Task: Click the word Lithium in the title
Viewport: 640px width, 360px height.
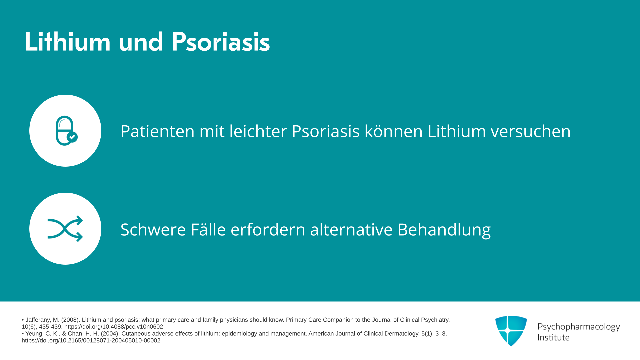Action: click(68, 42)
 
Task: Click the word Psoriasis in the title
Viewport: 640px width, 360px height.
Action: click(221, 42)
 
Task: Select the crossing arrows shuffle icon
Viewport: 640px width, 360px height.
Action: click(65, 229)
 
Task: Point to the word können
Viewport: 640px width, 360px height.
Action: click(393, 131)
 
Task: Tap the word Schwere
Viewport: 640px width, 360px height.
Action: click(153, 229)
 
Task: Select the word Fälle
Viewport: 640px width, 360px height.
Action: click(208, 229)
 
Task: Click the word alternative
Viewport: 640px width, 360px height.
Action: click(351, 229)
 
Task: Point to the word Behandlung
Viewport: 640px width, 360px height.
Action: click(444, 230)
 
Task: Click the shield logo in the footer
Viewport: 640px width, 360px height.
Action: click(511, 331)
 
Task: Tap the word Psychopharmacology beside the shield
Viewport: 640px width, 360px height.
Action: click(579, 327)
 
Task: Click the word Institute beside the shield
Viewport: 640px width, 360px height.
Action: click(554, 337)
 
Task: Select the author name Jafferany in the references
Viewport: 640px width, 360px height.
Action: click(38, 320)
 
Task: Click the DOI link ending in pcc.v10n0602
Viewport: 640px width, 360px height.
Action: click(114, 327)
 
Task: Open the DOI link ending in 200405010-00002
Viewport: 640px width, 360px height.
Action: click(91, 340)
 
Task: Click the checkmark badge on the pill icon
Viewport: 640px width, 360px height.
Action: click(72, 137)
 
